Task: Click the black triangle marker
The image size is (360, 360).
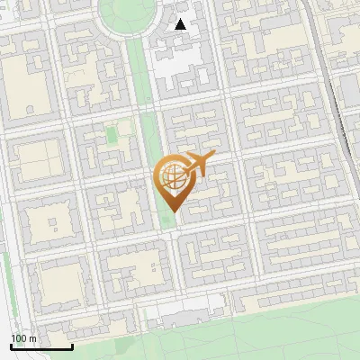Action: [181, 24]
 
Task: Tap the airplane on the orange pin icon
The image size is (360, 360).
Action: [197, 165]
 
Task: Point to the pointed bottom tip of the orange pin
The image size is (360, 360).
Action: [173, 211]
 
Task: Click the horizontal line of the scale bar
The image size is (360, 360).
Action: [41, 346]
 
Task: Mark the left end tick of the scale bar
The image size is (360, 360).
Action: [12, 346]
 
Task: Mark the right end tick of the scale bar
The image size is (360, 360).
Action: [72, 346]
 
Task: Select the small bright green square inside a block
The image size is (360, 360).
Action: [112, 135]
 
